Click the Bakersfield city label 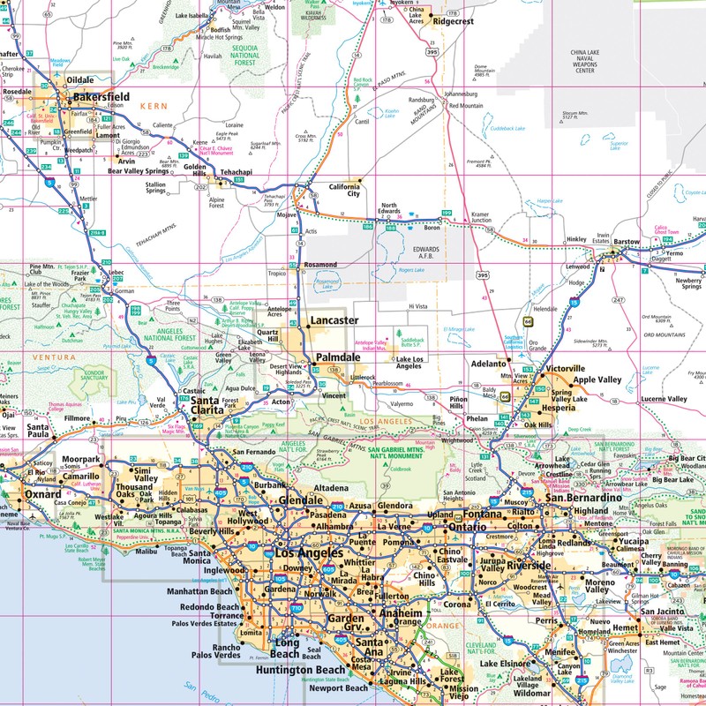tap(101, 96)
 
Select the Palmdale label tap(338, 357)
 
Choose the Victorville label tap(566, 368)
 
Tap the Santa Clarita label tap(208, 405)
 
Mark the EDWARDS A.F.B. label tap(425, 253)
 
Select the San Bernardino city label tap(586, 498)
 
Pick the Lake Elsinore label tap(504, 664)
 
